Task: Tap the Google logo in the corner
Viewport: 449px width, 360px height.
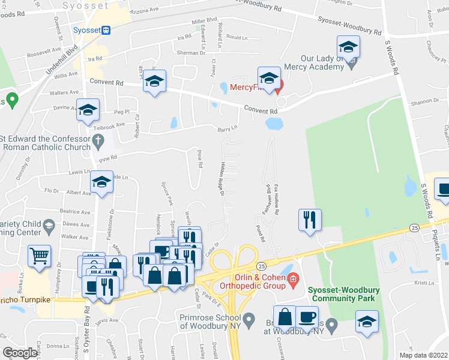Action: click(x=20, y=353)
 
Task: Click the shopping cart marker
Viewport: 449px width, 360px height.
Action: click(x=39, y=256)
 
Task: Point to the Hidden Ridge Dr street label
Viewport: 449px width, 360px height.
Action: click(x=220, y=179)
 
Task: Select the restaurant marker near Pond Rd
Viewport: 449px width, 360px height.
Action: click(x=310, y=219)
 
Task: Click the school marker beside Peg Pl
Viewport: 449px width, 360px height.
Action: click(x=88, y=110)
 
